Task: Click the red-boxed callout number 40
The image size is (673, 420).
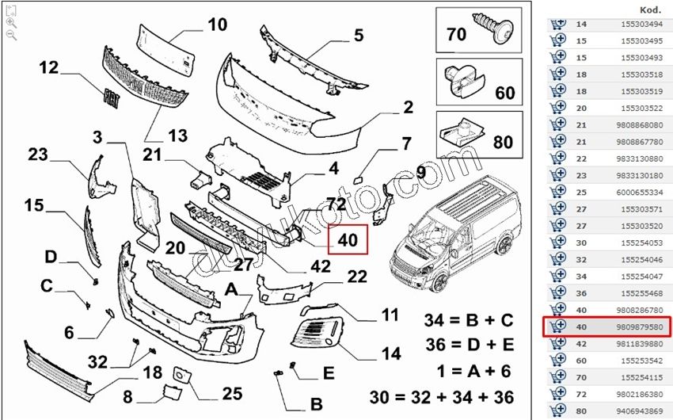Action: tap(348, 238)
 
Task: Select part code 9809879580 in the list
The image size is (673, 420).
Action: tap(637, 326)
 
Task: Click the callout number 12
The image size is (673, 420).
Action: tap(49, 67)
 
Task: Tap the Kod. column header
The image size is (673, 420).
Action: tap(650, 10)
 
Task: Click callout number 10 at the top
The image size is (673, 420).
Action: tap(217, 25)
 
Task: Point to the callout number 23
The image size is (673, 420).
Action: tap(38, 155)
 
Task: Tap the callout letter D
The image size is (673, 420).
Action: tap(51, 257)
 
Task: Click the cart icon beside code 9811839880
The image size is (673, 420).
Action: tap(558, 342)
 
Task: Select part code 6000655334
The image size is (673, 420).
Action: tap(637, 191)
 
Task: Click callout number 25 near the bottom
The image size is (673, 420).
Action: tap(231, 394)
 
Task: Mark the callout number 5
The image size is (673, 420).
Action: tap(358, 35)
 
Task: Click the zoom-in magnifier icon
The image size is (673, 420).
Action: tap(11, 23)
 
